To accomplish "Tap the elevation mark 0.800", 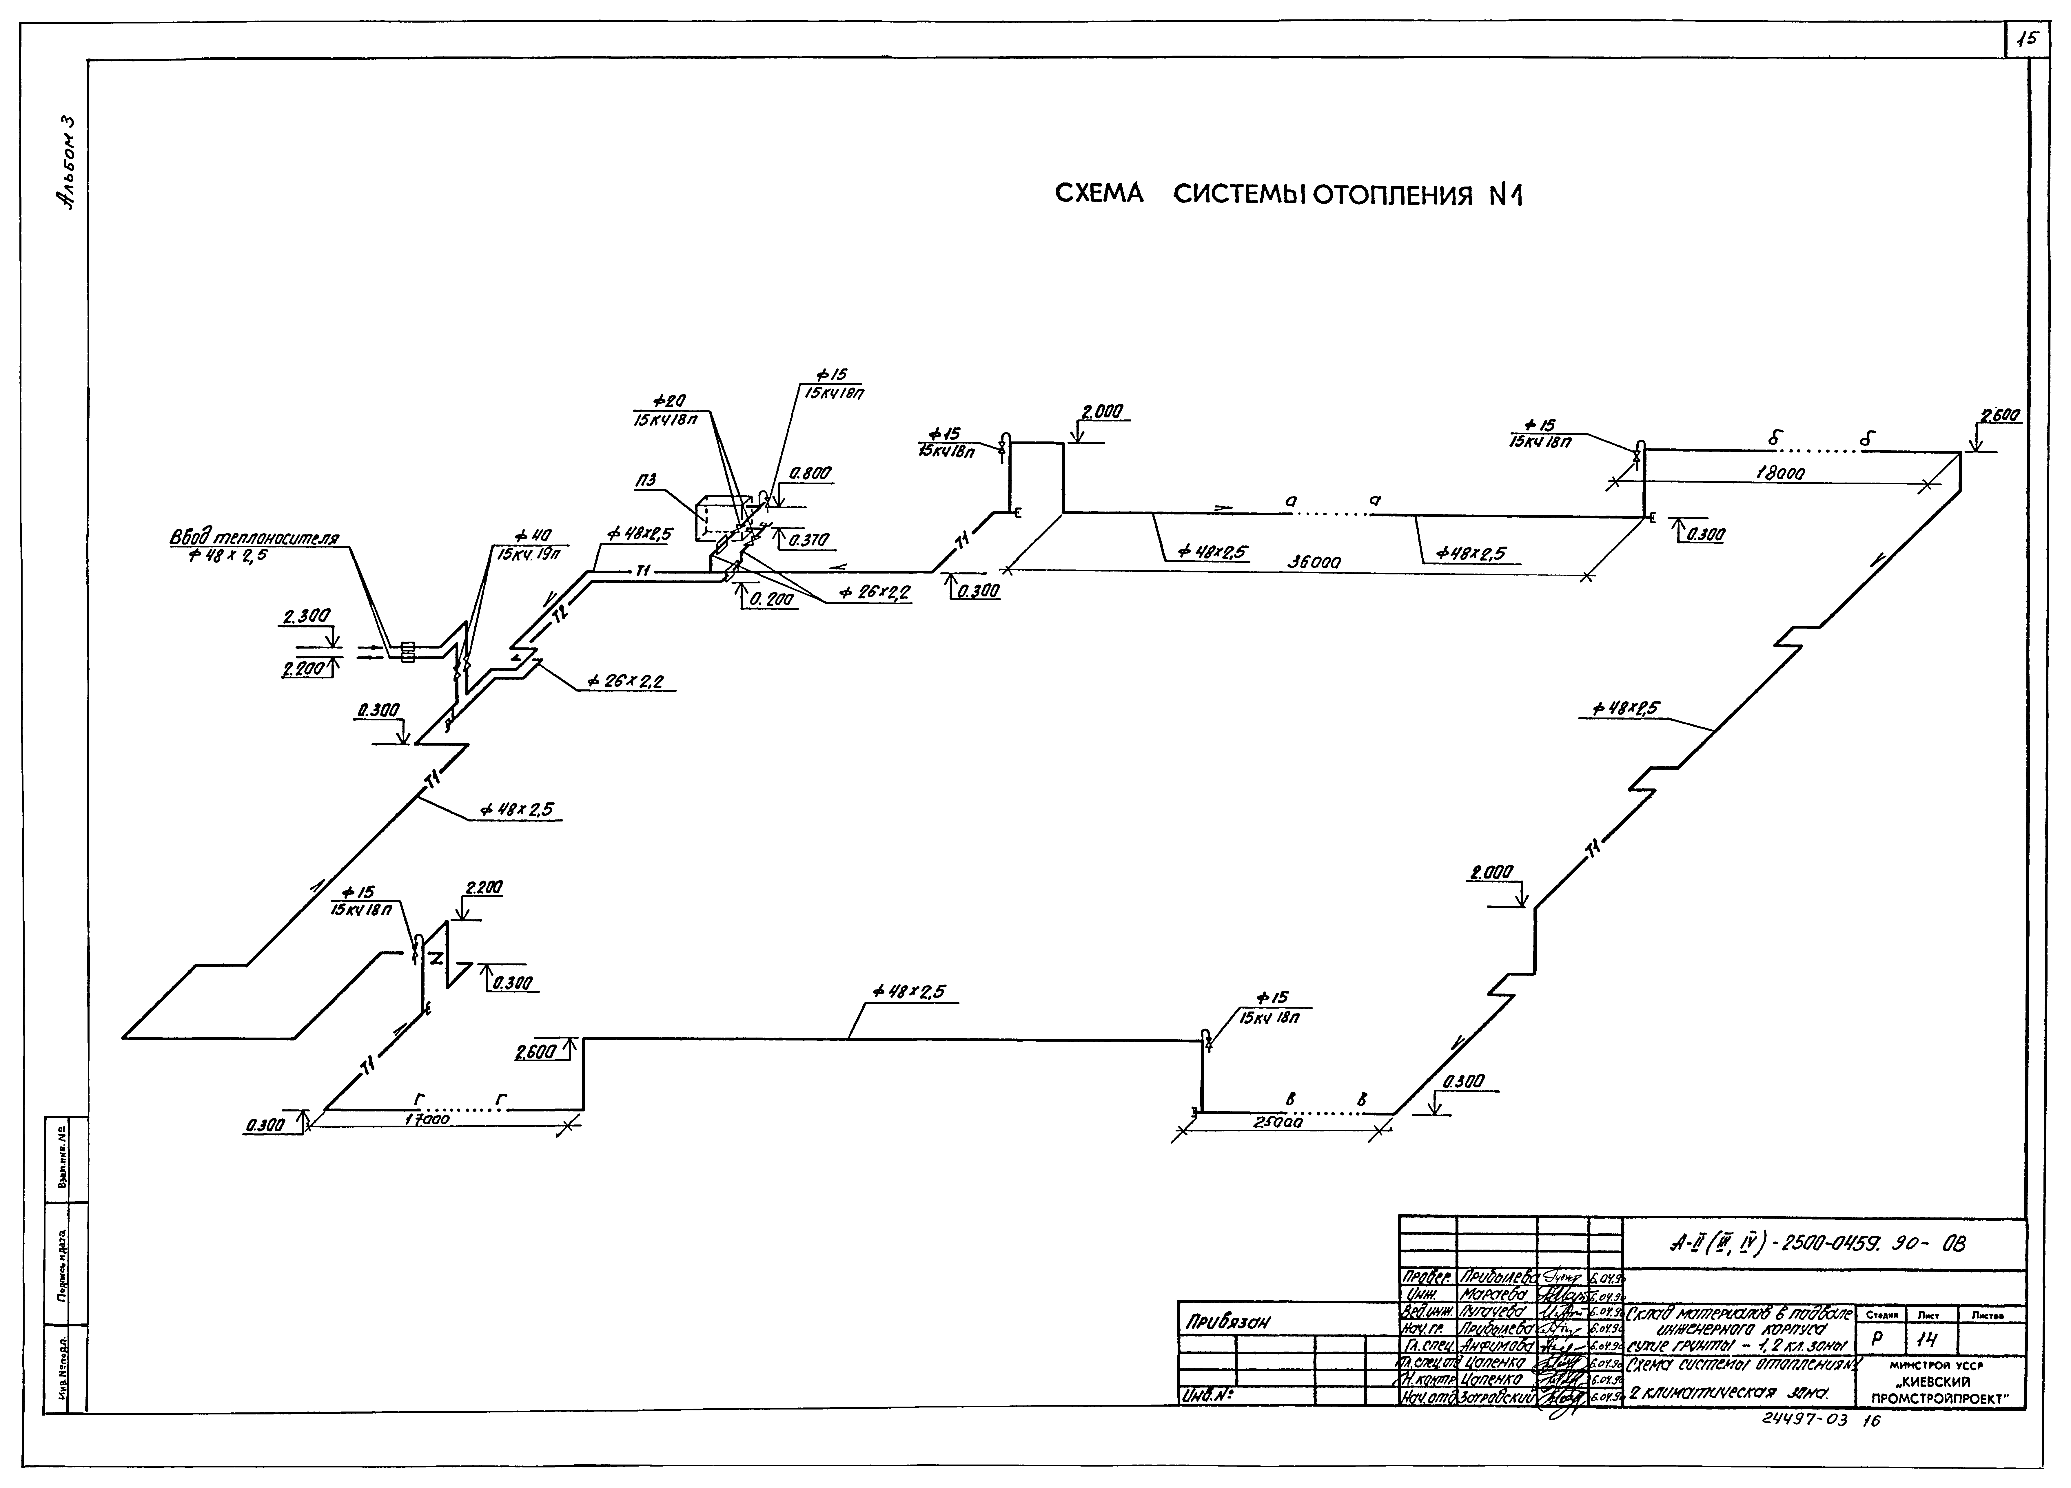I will tap(811, 474).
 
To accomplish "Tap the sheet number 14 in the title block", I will tap(1927, 1339).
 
